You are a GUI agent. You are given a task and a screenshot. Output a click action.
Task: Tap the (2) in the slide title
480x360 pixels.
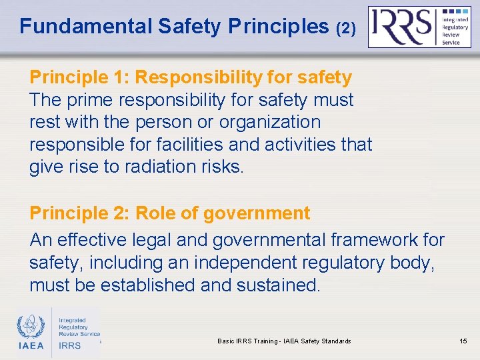(x=346, y=27)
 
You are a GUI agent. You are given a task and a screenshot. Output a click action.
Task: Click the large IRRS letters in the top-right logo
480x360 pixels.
(x=402, y=26)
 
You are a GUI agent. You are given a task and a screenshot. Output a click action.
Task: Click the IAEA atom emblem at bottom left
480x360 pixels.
(x=31, y=327)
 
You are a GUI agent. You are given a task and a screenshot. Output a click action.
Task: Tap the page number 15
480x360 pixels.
(x=463, y=341)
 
